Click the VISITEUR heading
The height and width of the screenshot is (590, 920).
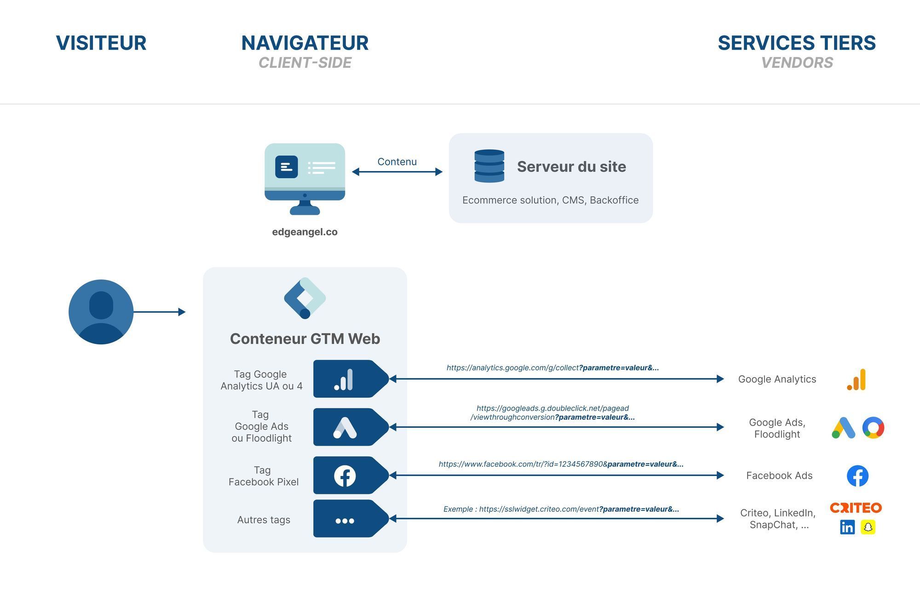pos(101,43)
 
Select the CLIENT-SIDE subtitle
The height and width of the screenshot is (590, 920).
pos(305,63)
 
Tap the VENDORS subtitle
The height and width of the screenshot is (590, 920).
pos(797,63)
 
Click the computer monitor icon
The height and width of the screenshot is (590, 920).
pos(305,178)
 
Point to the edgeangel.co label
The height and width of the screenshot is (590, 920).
pos(305,232)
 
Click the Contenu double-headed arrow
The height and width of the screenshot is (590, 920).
pos(397,172)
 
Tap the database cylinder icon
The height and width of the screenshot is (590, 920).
pos(489,166)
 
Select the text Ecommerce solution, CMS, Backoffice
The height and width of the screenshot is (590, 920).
pos(550,200)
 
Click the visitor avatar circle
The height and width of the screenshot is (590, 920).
pos(101,312)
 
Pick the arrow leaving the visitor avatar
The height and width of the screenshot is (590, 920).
pos(159,312)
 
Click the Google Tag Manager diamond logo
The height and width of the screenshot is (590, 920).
pos(305,298)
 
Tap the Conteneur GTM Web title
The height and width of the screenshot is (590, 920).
pos(305,338)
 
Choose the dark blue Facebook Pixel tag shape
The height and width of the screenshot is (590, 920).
pos(350,475)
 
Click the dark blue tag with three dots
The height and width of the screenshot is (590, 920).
pos(350,519)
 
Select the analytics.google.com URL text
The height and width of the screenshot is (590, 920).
pos(552,367)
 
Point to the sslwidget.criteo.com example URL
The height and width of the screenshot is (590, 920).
pos(561,509)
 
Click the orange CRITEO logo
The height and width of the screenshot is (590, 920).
pos(856,508)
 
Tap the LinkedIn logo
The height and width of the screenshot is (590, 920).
pos(847,527)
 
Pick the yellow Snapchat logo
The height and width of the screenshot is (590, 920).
pos(868,527)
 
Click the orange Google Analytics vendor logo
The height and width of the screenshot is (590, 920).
pos(857,380)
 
